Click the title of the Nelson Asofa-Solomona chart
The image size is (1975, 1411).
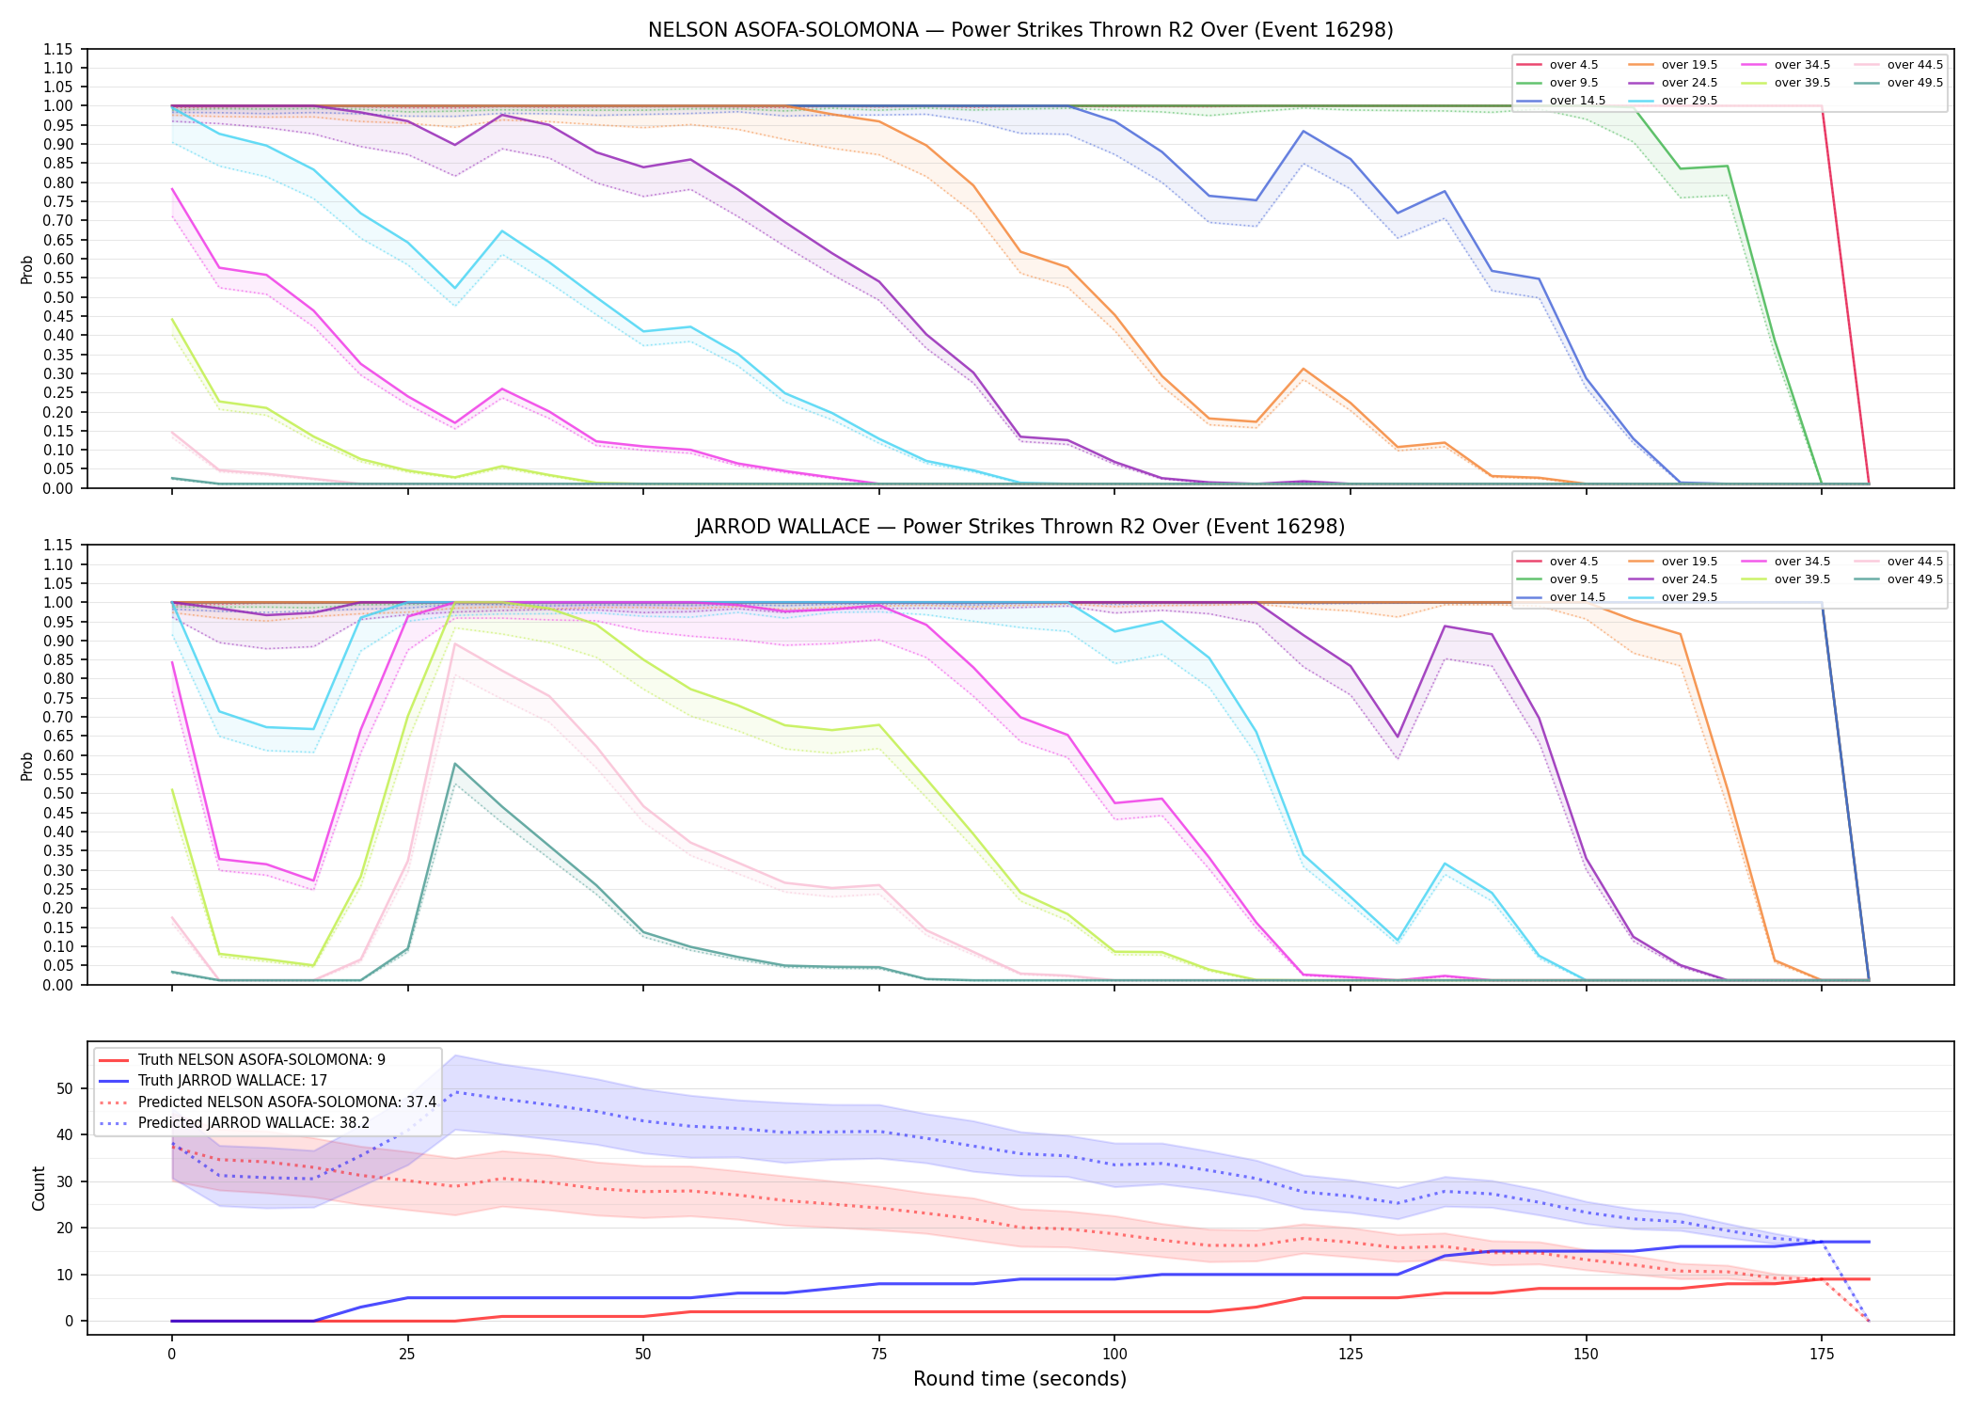click(x=1020, y=30)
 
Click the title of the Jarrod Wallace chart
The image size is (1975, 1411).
click(x=1020, y=527)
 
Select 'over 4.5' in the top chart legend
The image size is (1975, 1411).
click(x=1573, y=65)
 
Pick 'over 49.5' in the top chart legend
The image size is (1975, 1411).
click(x=1915, y=83)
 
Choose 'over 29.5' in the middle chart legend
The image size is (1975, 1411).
click(x=1689, y=597)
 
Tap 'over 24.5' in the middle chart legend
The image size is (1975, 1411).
click(x=1689, y=579)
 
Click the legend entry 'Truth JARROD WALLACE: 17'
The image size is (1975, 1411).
click(x=232, y=1081)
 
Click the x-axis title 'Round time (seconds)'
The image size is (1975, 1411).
click(x=1019, y=1379)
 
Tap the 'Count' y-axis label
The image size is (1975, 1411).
click(x=39, y=1188)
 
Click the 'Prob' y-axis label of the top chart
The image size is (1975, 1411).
click(x=27, y=269)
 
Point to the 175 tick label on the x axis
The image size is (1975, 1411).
click(x=1822, y=1355)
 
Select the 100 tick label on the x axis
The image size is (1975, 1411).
click(x=1114, y=1355)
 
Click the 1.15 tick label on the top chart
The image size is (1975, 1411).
click(x=58, y=49)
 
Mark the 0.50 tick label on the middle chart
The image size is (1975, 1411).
click(x=58, y=794)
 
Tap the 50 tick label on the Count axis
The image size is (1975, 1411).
click(x=65, y=1088)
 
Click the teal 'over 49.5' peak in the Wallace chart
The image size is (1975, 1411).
click(x=455, y=764)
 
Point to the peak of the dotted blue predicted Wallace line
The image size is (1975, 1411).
click(x=455, y=1092)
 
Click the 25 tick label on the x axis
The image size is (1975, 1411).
click(x=407, y=1355)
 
